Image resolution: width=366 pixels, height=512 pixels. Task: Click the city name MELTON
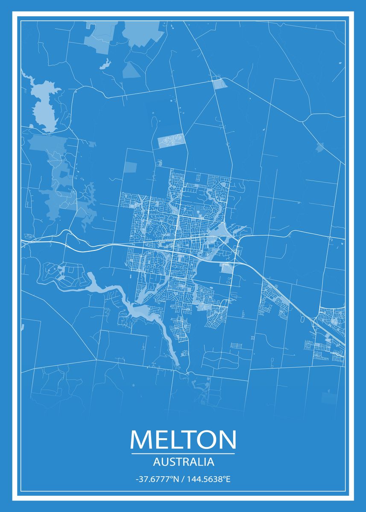click(x=183, y=439)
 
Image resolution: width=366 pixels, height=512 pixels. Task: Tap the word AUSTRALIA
click(x=183, y=462)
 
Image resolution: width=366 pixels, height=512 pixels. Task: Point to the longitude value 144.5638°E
click(x=208, y=479)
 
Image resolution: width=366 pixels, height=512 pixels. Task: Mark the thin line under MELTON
click(x=183, y=454)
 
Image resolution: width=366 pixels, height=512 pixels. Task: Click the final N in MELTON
click(x=227, y=439)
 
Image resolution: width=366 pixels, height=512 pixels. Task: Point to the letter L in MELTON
click(x=173, y=439)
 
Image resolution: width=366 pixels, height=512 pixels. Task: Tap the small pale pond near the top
click(x=105, y=64)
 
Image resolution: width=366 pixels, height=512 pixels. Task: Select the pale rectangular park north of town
click(x=171, y=140)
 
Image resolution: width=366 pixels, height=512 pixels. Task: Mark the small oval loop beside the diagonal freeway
click(x=303, y=318)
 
